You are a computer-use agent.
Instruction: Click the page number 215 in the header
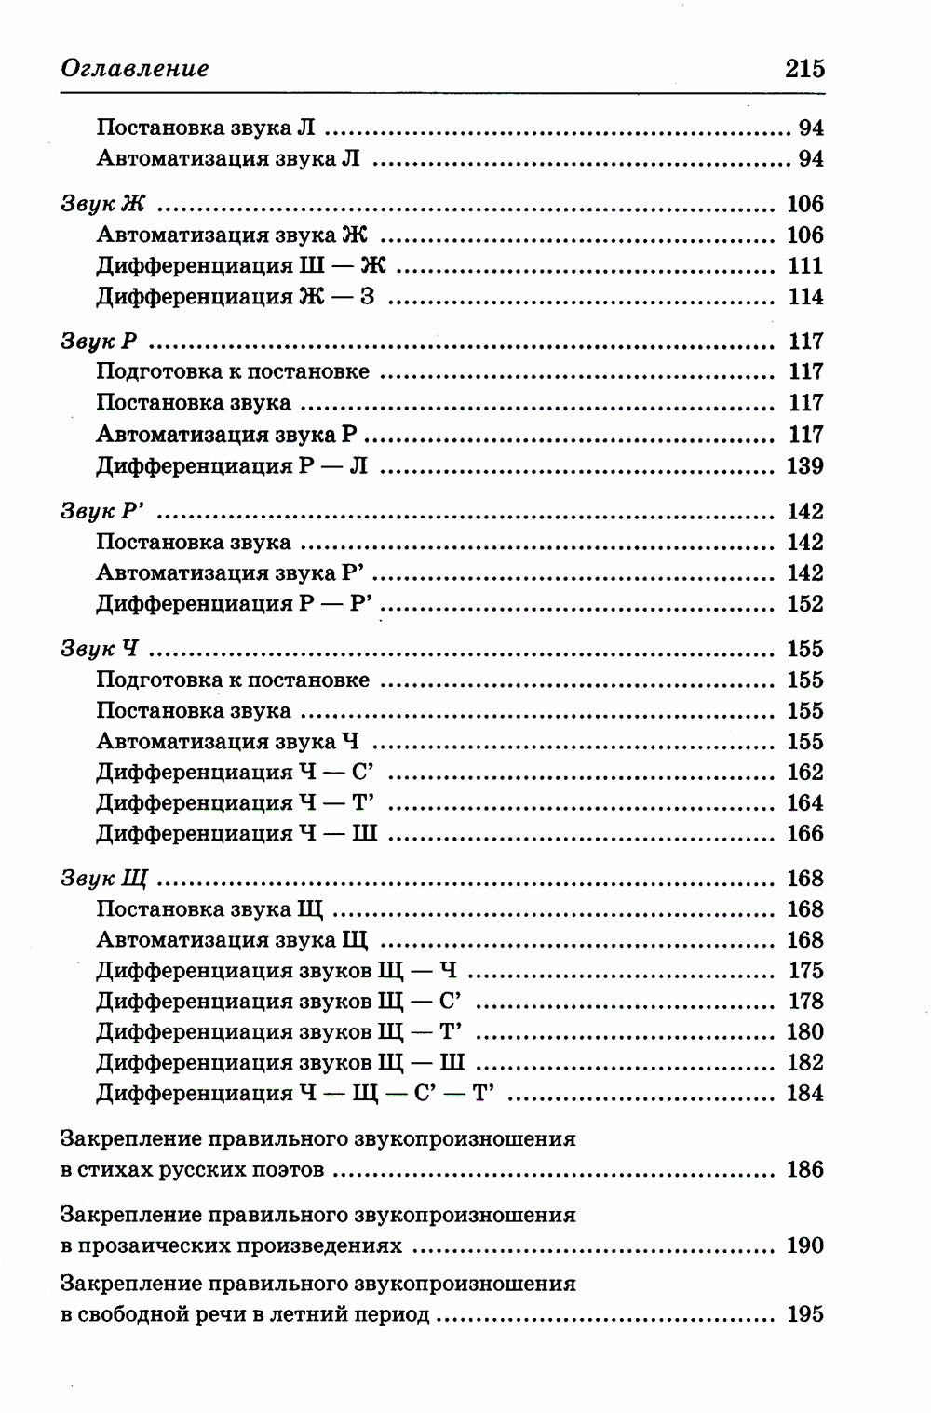tap(804, 68)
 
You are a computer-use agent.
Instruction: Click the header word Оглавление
tap(135, 68)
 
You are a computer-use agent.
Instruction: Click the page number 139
tap(805, 465)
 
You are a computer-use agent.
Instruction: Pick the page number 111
tap(805, 265)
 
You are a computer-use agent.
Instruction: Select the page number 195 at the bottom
tap(805, 1314)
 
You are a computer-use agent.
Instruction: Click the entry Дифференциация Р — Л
tap(232, 465)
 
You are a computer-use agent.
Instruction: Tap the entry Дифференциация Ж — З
tap(235, 297)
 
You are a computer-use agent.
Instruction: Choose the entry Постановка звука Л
tap(206, 128)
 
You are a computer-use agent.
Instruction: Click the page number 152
tap(805, 603)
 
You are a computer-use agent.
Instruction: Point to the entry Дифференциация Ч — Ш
tap(236, 833)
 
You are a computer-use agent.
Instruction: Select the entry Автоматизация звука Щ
tap(232, 939)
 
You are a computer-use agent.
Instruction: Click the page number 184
tap(805, 1093)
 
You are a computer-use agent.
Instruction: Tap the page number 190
tap(805, 1245)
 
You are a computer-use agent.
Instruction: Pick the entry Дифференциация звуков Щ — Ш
tap(280, 1062)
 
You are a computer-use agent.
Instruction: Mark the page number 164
tap(805, 802)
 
